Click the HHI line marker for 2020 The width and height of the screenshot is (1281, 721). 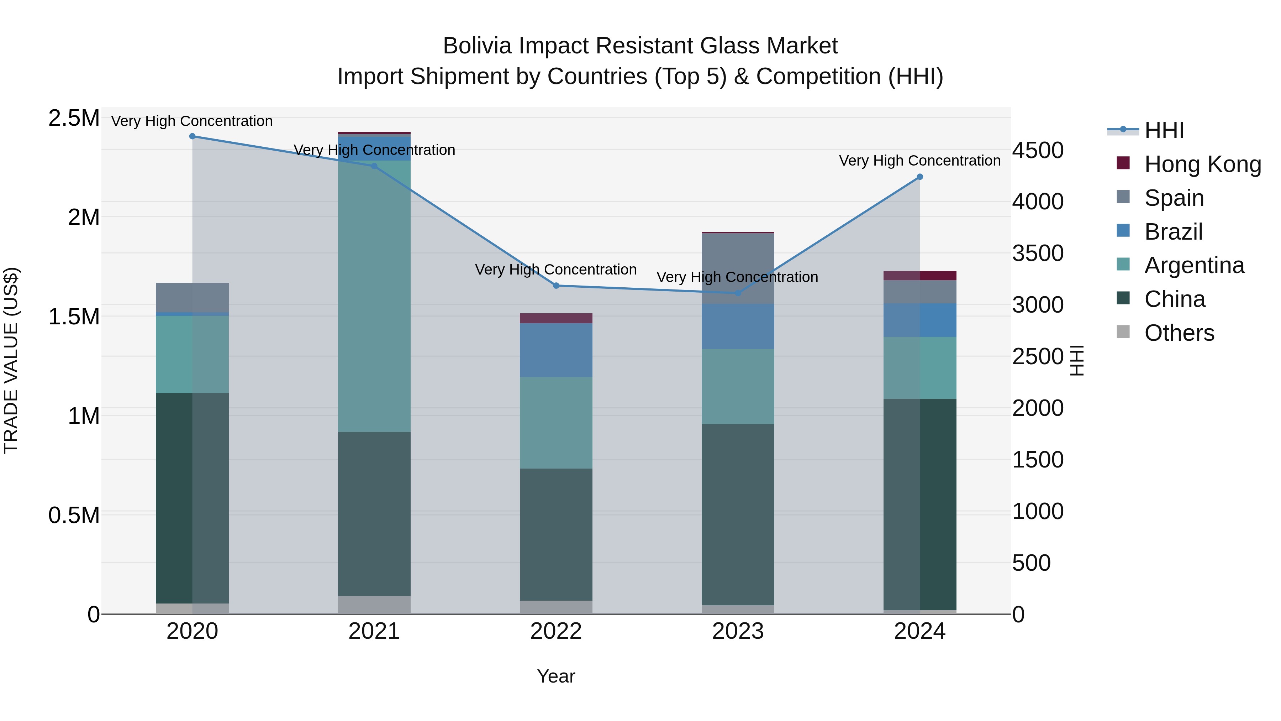pos(193,136)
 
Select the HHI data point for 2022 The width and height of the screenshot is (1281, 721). pos(556,286)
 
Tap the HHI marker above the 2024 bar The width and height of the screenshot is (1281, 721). pos(919,177)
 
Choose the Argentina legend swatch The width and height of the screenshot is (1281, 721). pos(1123,265)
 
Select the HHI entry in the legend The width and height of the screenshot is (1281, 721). pos(1164,130)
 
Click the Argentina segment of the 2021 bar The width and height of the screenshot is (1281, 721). pos(374,296)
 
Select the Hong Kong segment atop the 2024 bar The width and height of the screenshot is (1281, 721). pos(919,276)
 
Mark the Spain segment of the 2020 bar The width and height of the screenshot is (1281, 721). pos(193,298)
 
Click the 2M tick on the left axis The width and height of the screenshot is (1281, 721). pos(84,218)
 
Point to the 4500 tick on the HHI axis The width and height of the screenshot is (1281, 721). pos(1038,150)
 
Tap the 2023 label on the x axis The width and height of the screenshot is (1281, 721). pos(738,631)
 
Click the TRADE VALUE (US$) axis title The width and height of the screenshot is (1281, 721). pos(11,360)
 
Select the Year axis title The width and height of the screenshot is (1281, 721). pos(556,676)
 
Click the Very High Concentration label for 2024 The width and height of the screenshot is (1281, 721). pos(919,161)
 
